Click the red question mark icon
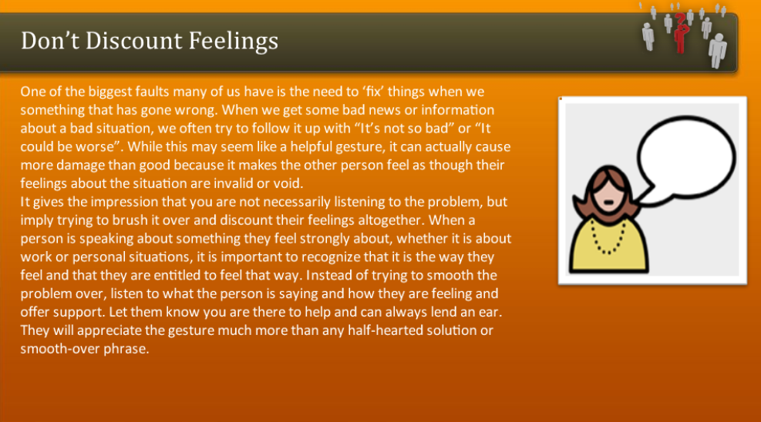click(x=680, y=31)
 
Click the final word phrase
click(x=126, y=349)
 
